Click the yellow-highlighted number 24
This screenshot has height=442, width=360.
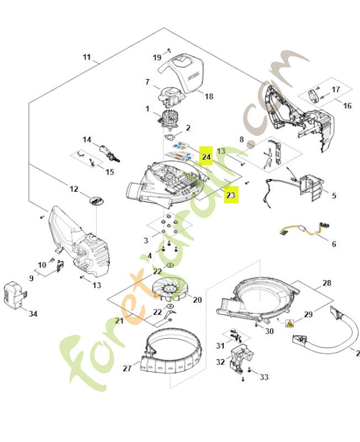(x=206, y=157)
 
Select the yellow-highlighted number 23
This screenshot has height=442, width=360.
(x=231, y=195)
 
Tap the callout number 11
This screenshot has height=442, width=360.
(x=87, y=57)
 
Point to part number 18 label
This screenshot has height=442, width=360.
(x=209, y=96)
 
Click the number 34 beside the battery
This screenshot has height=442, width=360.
(x=33, y=314)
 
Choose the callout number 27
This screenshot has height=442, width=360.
(x=127, y=368)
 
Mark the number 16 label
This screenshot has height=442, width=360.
(x=347, y=106)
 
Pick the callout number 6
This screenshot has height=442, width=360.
(x=333, y=244)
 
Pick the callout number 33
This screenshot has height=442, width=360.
(x=264, y=377)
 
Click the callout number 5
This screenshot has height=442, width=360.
(x=333, y=196)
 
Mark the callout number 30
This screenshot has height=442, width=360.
(x=269, y=331)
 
